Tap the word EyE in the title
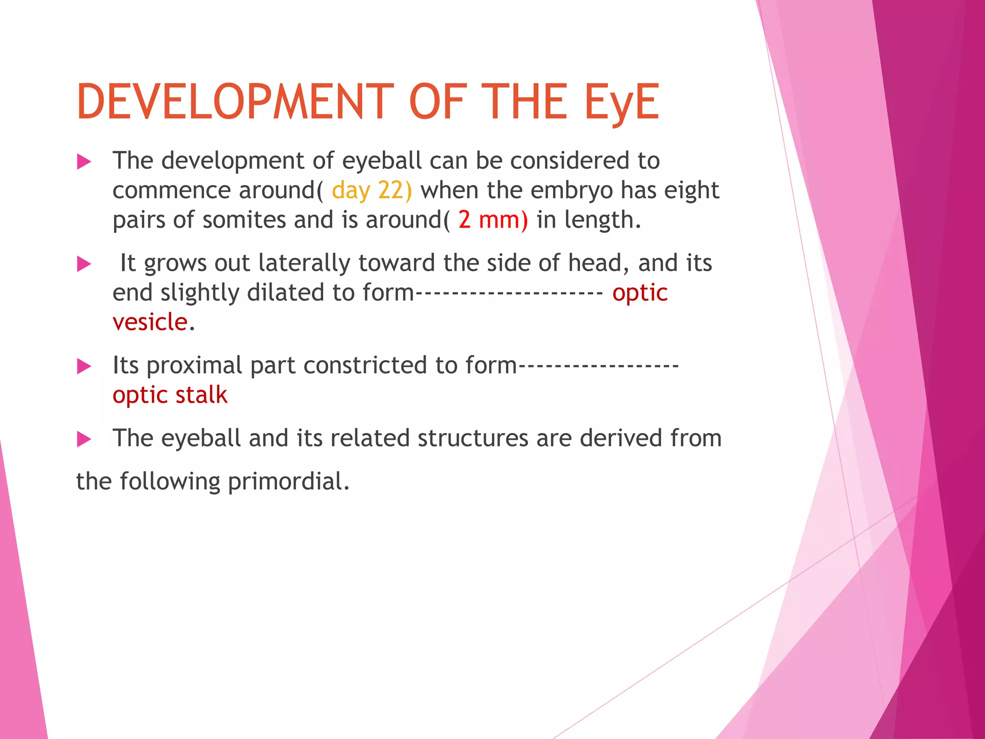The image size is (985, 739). pyautogui.click(x=621, y=102)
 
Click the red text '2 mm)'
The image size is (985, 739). pyautogui.click(x=492, y=220)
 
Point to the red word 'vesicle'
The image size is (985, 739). pyautogui.click(x=150, y=322)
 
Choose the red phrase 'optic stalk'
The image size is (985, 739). pyautogui.click(x=170, y=395)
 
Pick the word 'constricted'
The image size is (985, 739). pyautogui.click(x=365, y=366)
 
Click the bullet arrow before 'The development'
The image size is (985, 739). pyautogui.click(x=84, y=162)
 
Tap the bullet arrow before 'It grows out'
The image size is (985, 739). pyautogui.click(x=84, y=264)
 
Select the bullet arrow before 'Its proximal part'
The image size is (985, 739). pyautogui.click(x=84, y=367)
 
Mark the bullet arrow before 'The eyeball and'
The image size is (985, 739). pyautogui.click(x=84, y=439)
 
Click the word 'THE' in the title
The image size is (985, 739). pyautogui.click(x=524, y=102)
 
